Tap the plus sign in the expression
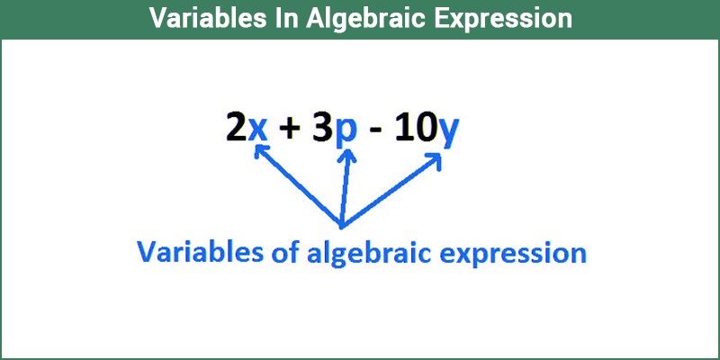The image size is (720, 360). pos(290,129)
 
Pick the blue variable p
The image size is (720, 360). pos(346,133)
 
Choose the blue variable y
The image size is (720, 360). pos(447,133)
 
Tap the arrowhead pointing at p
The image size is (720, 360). pos(348,156)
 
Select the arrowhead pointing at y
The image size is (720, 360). pos(435,160)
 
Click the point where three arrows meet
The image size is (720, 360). pos(341,226)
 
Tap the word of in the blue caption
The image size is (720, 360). pos(280,252)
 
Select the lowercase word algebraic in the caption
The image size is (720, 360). pos(369,254)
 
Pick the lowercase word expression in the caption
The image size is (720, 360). pos(513,255)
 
